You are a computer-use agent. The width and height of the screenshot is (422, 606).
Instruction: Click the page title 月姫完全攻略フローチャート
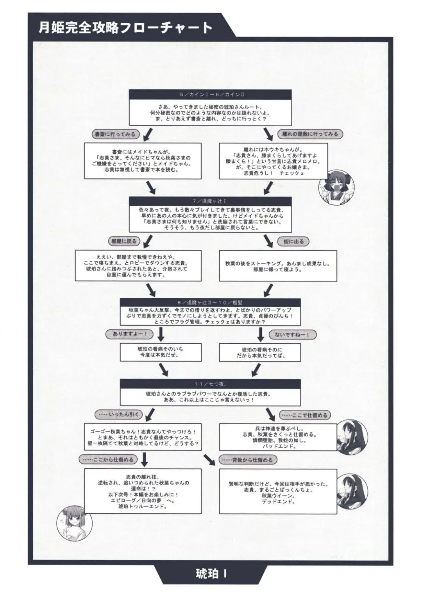tap(125, 28)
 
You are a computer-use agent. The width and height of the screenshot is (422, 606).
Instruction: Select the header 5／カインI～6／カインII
tap(210, 95)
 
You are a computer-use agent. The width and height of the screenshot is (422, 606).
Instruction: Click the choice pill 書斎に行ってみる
tap(115, 134)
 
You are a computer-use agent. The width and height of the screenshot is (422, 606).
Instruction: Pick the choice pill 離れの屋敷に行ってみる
tap(310, 134)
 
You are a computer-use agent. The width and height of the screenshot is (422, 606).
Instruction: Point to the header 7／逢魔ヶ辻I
tap(210, 201)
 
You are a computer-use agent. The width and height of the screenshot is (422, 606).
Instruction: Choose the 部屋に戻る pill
tap(124, 241)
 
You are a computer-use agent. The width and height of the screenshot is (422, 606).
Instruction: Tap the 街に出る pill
tap(293, 241)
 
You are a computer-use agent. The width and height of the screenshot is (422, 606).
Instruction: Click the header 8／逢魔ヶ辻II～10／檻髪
tap(210, 303)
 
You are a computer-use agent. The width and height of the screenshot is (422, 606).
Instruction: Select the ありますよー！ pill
tap(130, 334)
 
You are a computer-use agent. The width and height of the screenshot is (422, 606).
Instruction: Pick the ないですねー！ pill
tap(292, 335)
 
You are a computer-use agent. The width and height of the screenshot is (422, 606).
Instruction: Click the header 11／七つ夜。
tap(210, 384)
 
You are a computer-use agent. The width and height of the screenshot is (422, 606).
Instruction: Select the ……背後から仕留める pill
tap(248, 460)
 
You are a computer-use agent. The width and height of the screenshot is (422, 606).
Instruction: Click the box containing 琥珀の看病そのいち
tap(161, 352)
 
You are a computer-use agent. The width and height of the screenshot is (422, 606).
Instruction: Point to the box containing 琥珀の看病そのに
tap(260, 353)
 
